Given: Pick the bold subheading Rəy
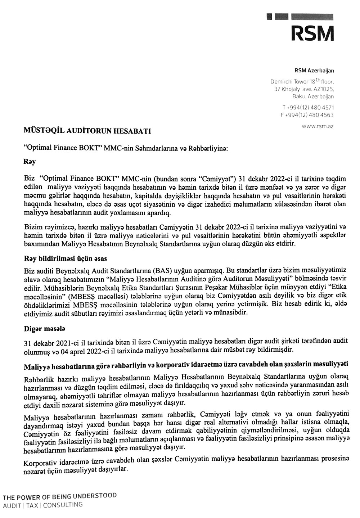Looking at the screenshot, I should [30, 162].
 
